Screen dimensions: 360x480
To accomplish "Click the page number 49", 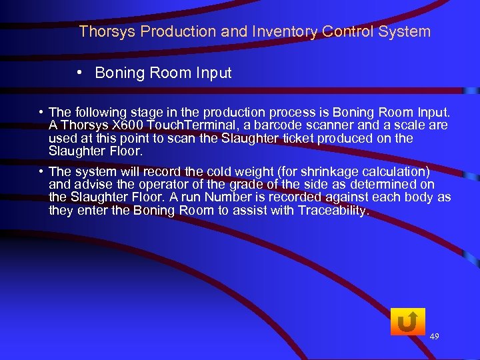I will pos(434,337).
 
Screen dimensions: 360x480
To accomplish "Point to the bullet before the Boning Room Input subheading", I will pos(79,73).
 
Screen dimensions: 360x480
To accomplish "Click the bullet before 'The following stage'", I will pos(41,112).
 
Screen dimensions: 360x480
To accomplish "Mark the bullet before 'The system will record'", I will pos(41,172).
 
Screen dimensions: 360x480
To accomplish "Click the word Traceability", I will pos(332,211).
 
